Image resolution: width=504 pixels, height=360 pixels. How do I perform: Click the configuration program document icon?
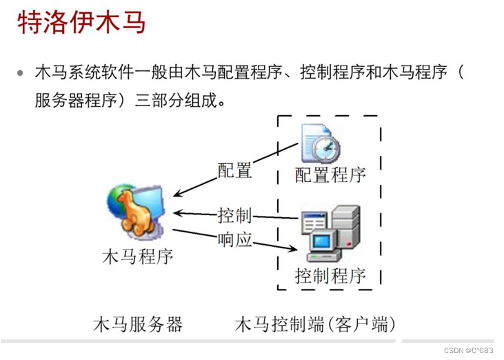tap(319, 142)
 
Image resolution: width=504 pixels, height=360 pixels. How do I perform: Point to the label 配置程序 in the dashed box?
tap(330, 174)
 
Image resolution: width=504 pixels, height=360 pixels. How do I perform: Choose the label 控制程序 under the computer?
tap(330, 277)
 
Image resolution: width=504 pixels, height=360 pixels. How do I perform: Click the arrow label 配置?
tap(234, 170)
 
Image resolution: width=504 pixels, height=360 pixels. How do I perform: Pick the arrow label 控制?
tap(234, 214)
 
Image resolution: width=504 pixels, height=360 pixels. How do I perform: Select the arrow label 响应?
tap(234, 239)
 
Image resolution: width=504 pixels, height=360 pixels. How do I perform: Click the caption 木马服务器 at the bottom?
tap(137, 323)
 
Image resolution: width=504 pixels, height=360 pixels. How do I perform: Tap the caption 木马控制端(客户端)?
tap(316, 323)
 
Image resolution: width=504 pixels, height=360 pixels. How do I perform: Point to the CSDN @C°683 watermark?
tap(466, 350)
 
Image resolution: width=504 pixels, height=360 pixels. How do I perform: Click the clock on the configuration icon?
tap(325, 146)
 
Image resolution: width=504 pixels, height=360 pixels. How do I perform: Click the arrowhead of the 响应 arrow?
tap(297, 249)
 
